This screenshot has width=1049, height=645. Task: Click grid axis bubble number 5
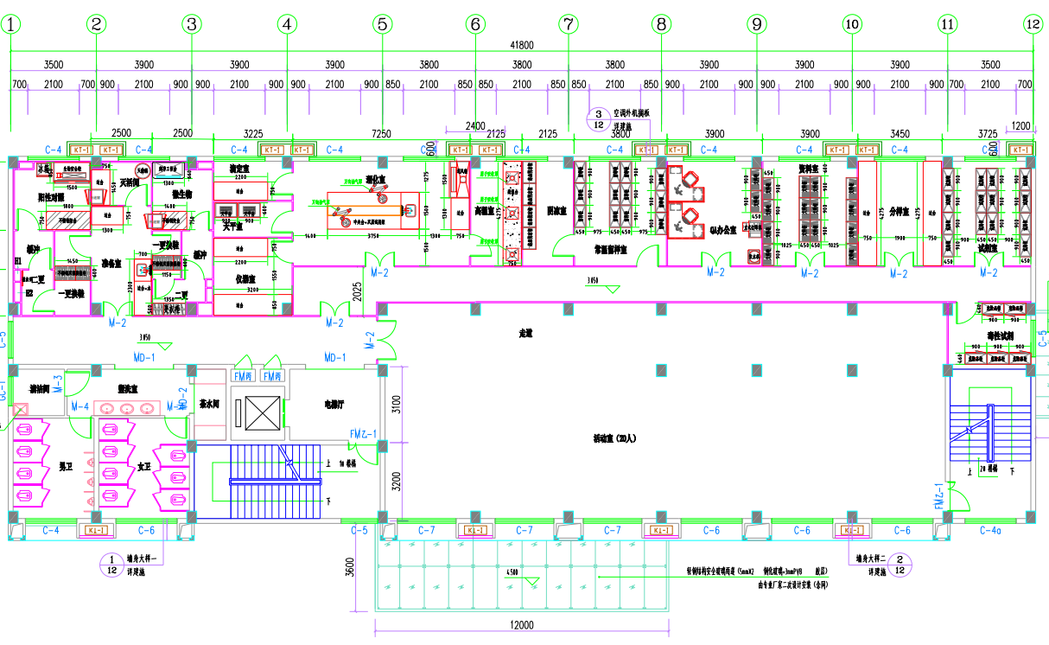tap(383, 25)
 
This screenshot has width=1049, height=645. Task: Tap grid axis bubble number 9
tap(757, 25)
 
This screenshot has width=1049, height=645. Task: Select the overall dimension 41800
tap(522, 46)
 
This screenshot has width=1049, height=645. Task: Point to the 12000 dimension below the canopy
tap(521, 625)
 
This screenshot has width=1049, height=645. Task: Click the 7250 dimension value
tap(381, 134)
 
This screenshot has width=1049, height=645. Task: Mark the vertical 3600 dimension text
tap(350, 567)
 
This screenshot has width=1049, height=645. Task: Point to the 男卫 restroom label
tap(65, 467)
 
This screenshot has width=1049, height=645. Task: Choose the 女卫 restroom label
tap(143, 467)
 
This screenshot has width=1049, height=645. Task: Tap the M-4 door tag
tap(80, 406)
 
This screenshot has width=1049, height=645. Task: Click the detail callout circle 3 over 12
tap(598, 118)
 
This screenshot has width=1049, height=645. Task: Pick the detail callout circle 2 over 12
tap(900, 565)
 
